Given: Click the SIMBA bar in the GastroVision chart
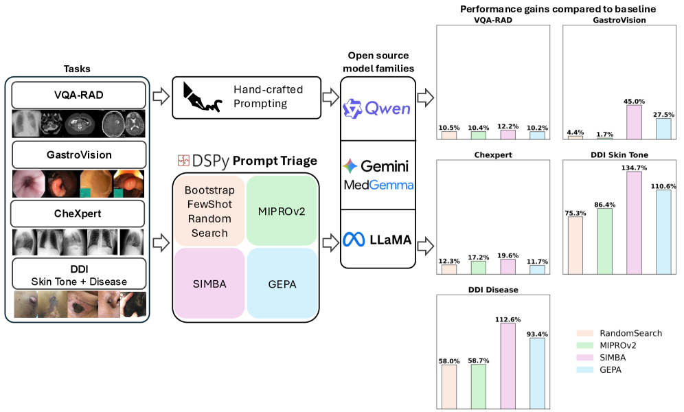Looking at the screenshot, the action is click(634, 122).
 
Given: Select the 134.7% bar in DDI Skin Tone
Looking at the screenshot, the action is click(634, 222).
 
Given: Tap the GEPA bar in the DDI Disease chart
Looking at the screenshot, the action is click(537, 373).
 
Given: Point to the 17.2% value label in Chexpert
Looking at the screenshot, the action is click(479, 257).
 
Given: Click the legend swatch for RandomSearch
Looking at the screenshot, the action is click(584, 333).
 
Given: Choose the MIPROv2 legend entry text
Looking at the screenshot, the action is click(617, 345).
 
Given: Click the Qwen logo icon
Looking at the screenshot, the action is click(352, 108).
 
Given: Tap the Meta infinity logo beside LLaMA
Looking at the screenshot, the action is click(354, 240).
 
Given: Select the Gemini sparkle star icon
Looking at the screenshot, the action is click(350, 166).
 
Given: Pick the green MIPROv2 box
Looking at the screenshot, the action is click(282, 211).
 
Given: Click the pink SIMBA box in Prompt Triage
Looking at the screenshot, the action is click(209, 284).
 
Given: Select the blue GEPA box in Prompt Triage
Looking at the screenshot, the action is click(282, 284).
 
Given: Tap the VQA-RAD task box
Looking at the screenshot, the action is click(78, 95).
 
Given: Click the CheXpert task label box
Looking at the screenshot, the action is click(78, 214).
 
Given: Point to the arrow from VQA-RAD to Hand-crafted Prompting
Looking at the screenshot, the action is click(161, 96).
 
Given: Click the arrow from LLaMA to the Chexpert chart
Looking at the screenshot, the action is click(425, 247).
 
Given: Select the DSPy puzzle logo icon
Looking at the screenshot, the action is click(183, 161).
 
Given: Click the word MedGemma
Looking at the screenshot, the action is click(378, 185).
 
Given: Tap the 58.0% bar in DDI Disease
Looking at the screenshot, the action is click(449, 387).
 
